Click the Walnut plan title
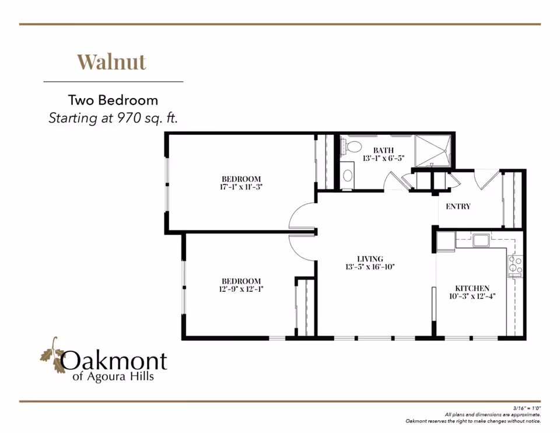(111, 61)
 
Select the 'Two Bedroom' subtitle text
(113, 100)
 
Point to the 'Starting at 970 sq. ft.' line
(113, 118)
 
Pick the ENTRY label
(458, 207)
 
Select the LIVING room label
(370, 259)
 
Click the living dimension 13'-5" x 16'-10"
(370, 267)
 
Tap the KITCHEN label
(472, 288)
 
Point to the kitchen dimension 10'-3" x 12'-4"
(472, 296)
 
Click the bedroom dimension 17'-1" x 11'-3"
(241, 187)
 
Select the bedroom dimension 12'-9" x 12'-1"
(241, 288)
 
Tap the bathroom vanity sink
(347, 174)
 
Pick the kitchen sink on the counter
(481, 240)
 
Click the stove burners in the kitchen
(516, 266)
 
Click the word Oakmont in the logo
(114, 361)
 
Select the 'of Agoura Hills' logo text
(113, 377)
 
